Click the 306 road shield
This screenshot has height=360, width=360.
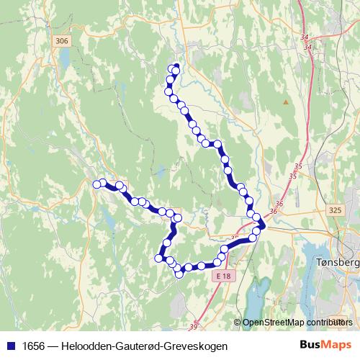62,42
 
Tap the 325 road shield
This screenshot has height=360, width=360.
334,210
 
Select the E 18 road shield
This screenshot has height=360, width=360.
224,276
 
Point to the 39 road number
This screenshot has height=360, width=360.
193,328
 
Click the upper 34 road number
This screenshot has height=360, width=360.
305,38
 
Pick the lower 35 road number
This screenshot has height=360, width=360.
292,176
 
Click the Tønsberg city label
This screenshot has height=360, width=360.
337,264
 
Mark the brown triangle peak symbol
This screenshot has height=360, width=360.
286,102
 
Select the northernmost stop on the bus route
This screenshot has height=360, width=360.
174,68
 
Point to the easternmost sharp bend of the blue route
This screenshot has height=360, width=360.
262,228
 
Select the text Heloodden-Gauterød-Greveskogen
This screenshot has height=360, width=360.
145,346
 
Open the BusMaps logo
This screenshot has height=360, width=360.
325,346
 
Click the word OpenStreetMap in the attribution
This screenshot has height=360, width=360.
274,323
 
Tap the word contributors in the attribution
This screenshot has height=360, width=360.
332,323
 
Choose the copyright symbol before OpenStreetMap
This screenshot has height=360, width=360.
238,323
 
